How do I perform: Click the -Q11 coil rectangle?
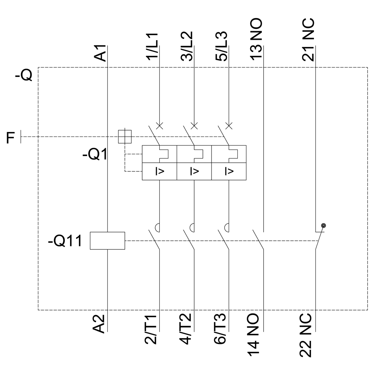point(107,240)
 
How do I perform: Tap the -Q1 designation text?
point(94,154)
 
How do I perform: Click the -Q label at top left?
point(24,76)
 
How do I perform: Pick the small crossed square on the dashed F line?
point(125,136)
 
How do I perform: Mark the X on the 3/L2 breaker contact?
point(194,125)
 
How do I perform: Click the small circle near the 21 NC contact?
point(324,225)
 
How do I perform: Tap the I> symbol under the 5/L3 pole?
point(228,172)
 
